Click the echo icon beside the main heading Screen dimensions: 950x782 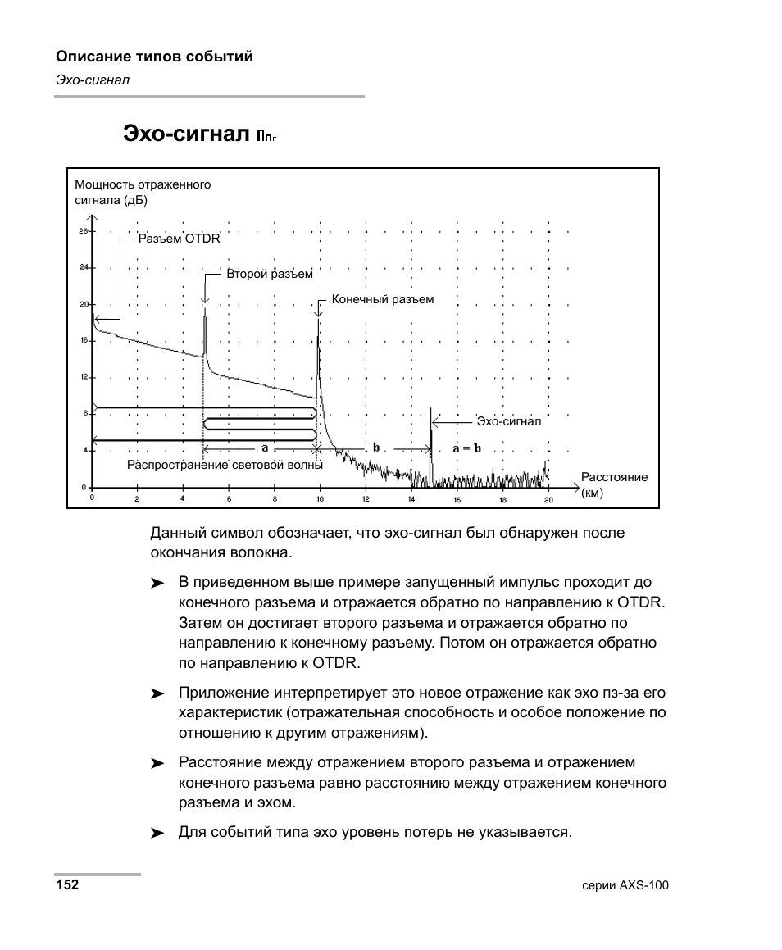pyautogui.click(x=266, y=135)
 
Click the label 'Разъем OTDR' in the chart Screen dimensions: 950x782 pyautogui.click(x=179, y=239)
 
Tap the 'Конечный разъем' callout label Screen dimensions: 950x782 pyautogui.click(x=382, y=300)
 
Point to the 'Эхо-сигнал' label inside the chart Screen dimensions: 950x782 pyautogui.click(x=509, y=422)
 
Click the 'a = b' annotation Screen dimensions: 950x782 pyautogui.click(x=467, y=448)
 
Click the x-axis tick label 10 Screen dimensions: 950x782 pyautogui.click(x=320, y=498)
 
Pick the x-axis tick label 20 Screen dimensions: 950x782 pyautogui.click(x=548, y=498)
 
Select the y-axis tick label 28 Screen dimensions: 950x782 pyautogui.click(x=83, y=231)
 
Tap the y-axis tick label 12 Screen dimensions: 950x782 pyautogui.click(x=83, y=377)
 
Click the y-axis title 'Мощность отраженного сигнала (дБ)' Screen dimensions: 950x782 pyautogui.click(x=143, y=192)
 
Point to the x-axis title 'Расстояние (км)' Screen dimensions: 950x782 pyautogui.click(x=614, y=484)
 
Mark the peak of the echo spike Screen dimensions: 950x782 pyautogui.click(x=431, y=408)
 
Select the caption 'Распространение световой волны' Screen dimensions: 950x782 pyautogui.click(x=225, y=465)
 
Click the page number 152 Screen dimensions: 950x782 pyautogui.click(x=67, y=885)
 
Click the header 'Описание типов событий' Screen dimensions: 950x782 pyautogui.click(x=154, y=57)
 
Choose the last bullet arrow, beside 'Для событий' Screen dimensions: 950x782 pyautogui.click(x=157, y=833)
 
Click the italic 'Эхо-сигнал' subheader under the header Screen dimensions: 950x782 pyautogui.click(x=93, y=80)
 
